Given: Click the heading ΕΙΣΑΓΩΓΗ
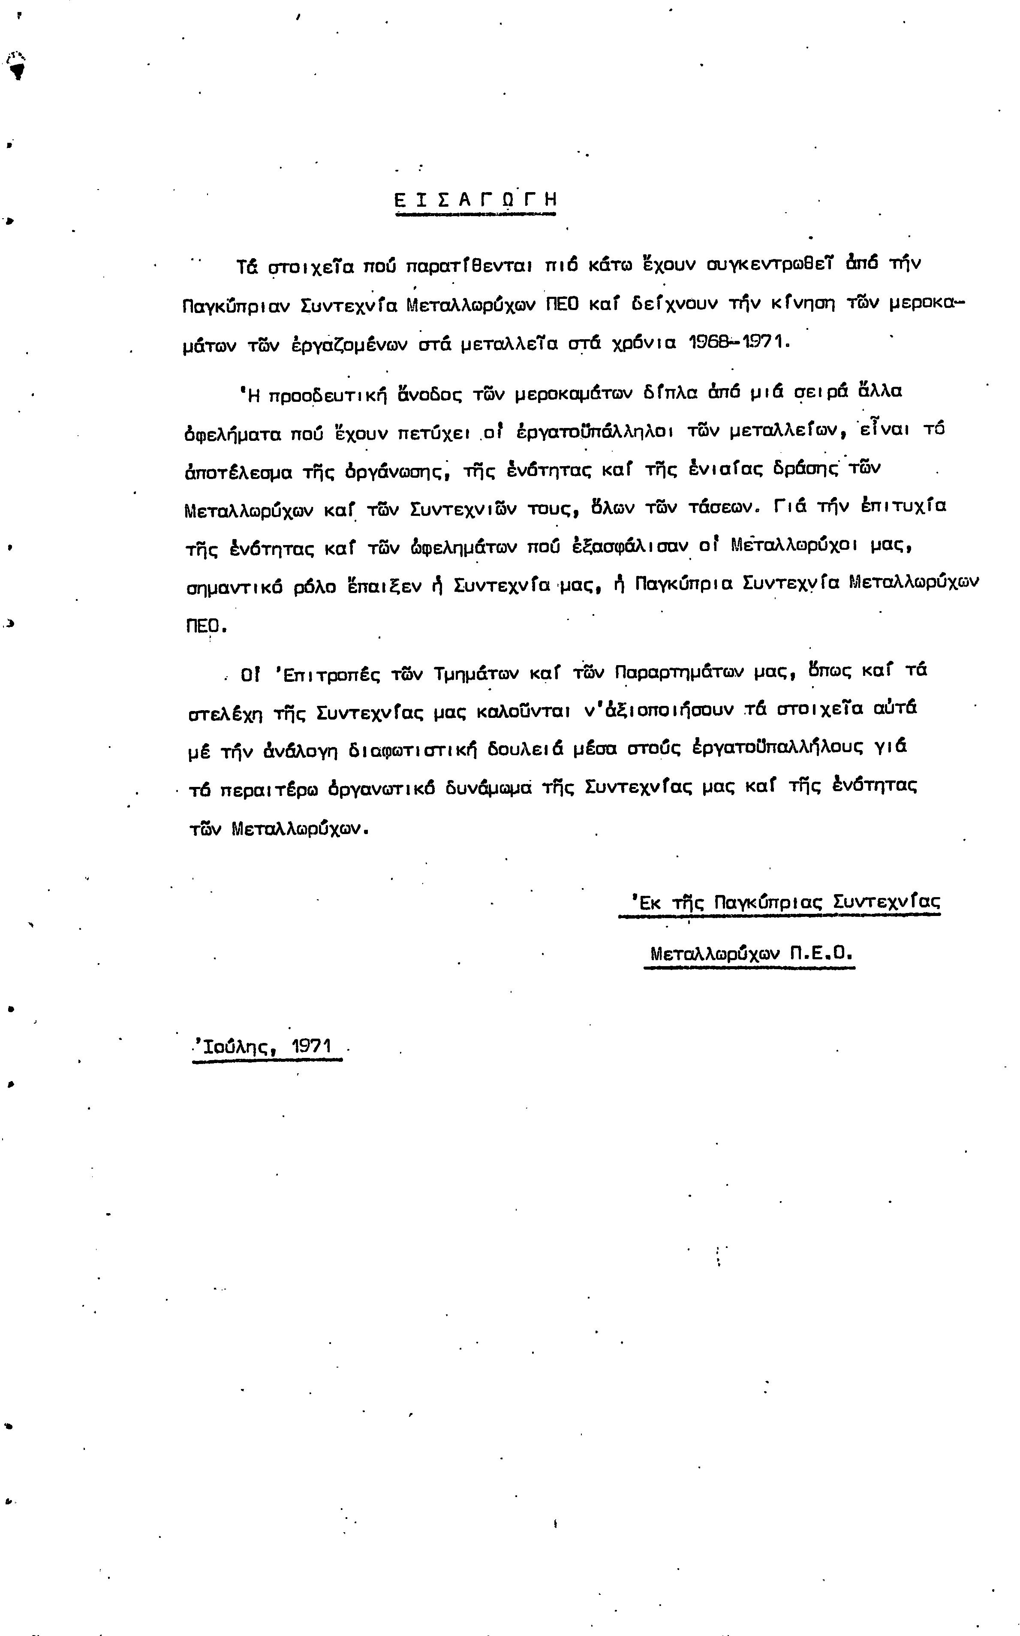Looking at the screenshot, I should (475, 200).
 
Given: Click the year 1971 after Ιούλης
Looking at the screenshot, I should (312, 1046).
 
